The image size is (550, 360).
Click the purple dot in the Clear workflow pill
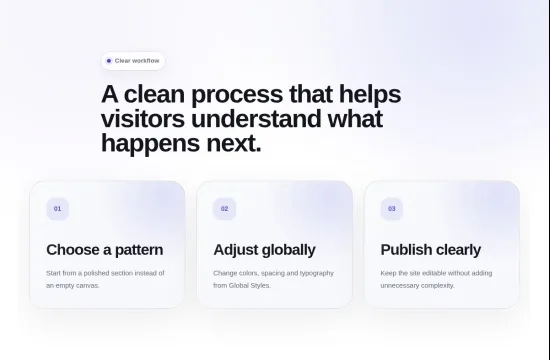[x=109, y=61]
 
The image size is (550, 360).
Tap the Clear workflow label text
[x=137, y=61]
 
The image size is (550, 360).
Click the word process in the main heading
[x=237, y=95]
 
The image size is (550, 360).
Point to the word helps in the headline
[x=370, y=95]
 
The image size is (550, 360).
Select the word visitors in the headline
[x=143, y=119]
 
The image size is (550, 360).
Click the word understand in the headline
[x=256, y=119]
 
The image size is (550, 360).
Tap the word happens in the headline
[x=150, y=144]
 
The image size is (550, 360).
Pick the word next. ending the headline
[x=234, y=144]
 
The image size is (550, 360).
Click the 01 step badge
[x=58, y=209]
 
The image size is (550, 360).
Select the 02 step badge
[x=224, y=209]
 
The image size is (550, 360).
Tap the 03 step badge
[x=392, y=209]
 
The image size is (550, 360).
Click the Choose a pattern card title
[x=105, y=250]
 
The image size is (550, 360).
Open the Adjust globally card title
[x=264, y=250]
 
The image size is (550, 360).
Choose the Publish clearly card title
[x=431, y=250]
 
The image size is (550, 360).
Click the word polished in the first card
[x=96, y=273]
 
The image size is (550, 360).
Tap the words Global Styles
[x=250, y=286]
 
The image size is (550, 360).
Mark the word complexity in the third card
[x=438, y=286]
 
